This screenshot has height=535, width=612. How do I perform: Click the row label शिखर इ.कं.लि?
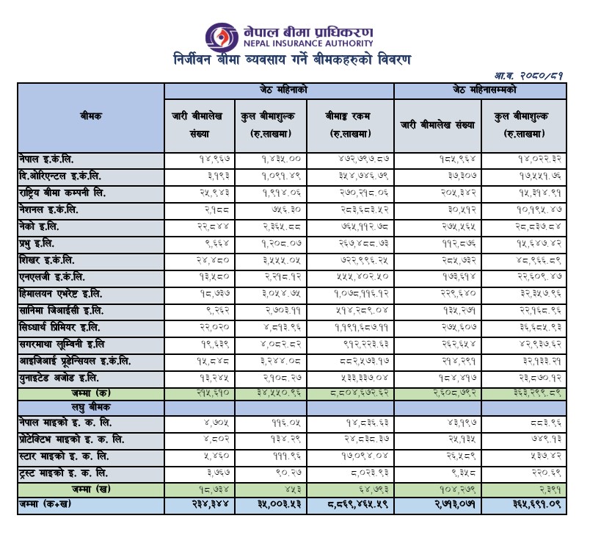click(50, 260)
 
